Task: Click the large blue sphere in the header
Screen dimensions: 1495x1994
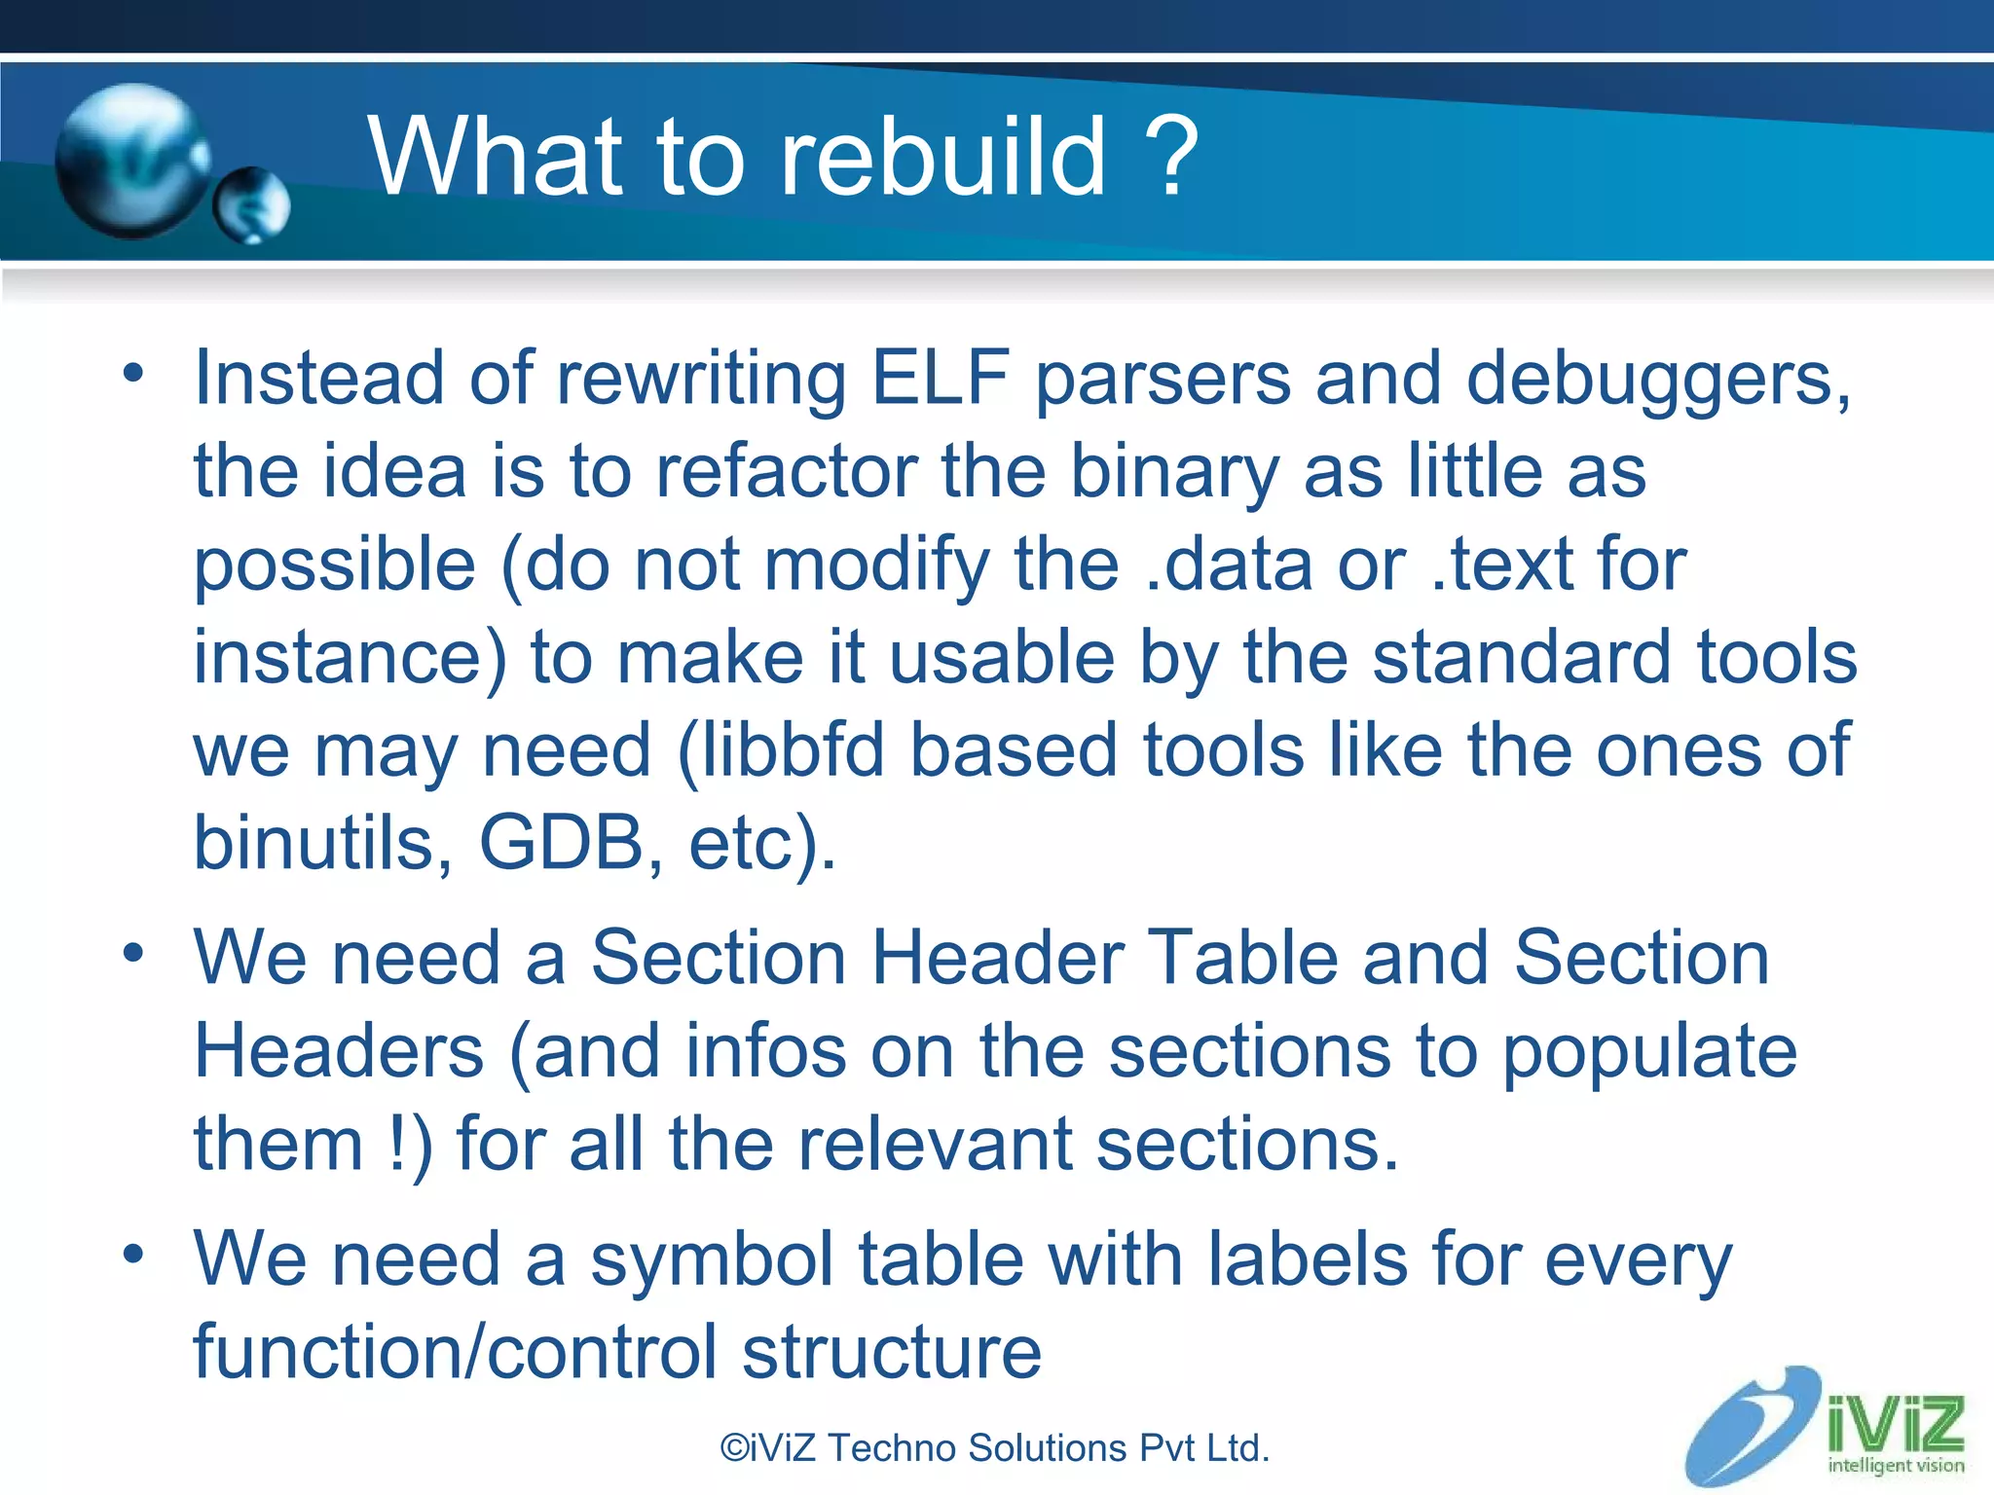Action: (x=131, y=161)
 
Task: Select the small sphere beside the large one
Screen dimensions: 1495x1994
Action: (x=252, y=205)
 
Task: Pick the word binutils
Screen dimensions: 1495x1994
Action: (x=322, y=843)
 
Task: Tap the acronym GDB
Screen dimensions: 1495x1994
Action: (x=561, y=843)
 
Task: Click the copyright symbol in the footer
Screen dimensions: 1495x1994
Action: (x=734, y=1448)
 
